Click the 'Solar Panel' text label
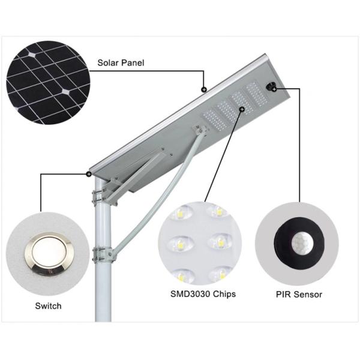(x=121, y=62)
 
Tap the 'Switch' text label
(x=48, y=306)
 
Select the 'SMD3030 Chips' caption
(x=202, y=294)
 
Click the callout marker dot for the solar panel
(x=205, y=89)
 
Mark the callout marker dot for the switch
(x=89, y=174)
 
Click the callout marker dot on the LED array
(x=241, y=109)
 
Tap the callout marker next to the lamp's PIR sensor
(x=274, y=89)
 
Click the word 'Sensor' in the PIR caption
(x=309, y=294)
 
